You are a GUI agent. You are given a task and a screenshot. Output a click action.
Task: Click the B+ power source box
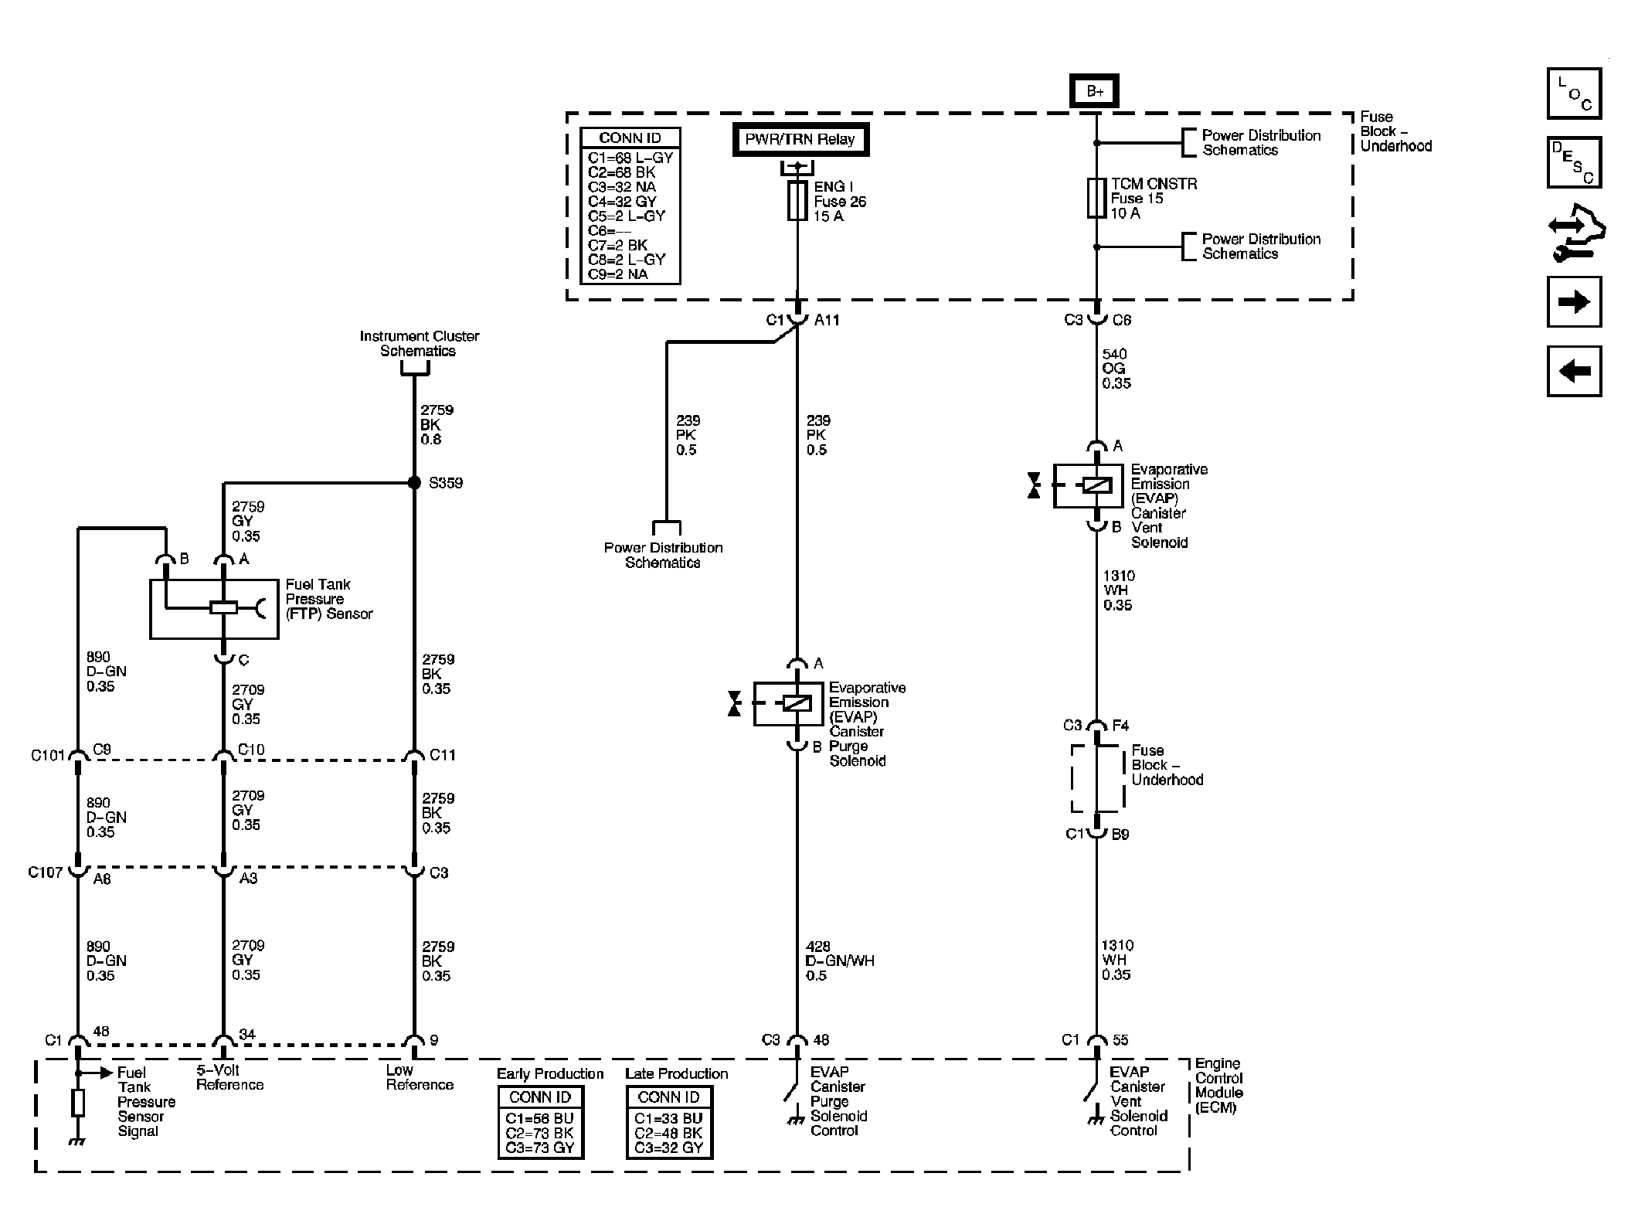click(1095, 91)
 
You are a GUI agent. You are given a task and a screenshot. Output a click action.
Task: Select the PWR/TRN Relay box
click(800, 140)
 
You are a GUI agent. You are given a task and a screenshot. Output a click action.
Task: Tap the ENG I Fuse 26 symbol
click(797, 200)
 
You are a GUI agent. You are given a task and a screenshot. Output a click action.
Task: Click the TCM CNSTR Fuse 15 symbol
click(1096, 198)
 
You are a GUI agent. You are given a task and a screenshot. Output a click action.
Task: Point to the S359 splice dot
click(414, 483)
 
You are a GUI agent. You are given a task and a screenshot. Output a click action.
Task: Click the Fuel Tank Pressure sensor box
click(214, 609)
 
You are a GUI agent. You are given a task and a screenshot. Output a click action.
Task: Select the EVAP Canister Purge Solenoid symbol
click(788, 703)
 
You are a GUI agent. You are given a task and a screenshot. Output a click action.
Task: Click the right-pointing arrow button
click(1574, 301)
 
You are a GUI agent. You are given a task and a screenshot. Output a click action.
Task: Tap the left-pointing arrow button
click(1574, 371)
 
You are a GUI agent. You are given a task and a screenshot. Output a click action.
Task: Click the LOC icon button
click(1574, 94)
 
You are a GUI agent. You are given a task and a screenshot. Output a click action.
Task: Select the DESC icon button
click(1574, 162)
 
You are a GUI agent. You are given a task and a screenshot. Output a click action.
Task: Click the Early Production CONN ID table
click(540, 1122)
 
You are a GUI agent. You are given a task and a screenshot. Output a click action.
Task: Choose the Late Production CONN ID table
click(669, 1122)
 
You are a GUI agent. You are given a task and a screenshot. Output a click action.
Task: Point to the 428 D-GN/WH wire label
click(840, 961)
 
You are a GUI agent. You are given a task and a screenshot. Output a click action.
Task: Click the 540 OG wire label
click(1116, 369)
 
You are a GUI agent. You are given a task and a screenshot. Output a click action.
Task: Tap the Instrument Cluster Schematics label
click(419, 343)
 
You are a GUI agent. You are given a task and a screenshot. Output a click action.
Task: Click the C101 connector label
click(47, 755)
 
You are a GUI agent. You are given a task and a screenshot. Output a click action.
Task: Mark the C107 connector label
click(45, 872)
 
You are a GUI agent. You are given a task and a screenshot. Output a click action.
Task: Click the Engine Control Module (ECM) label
click(1218, 1086)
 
